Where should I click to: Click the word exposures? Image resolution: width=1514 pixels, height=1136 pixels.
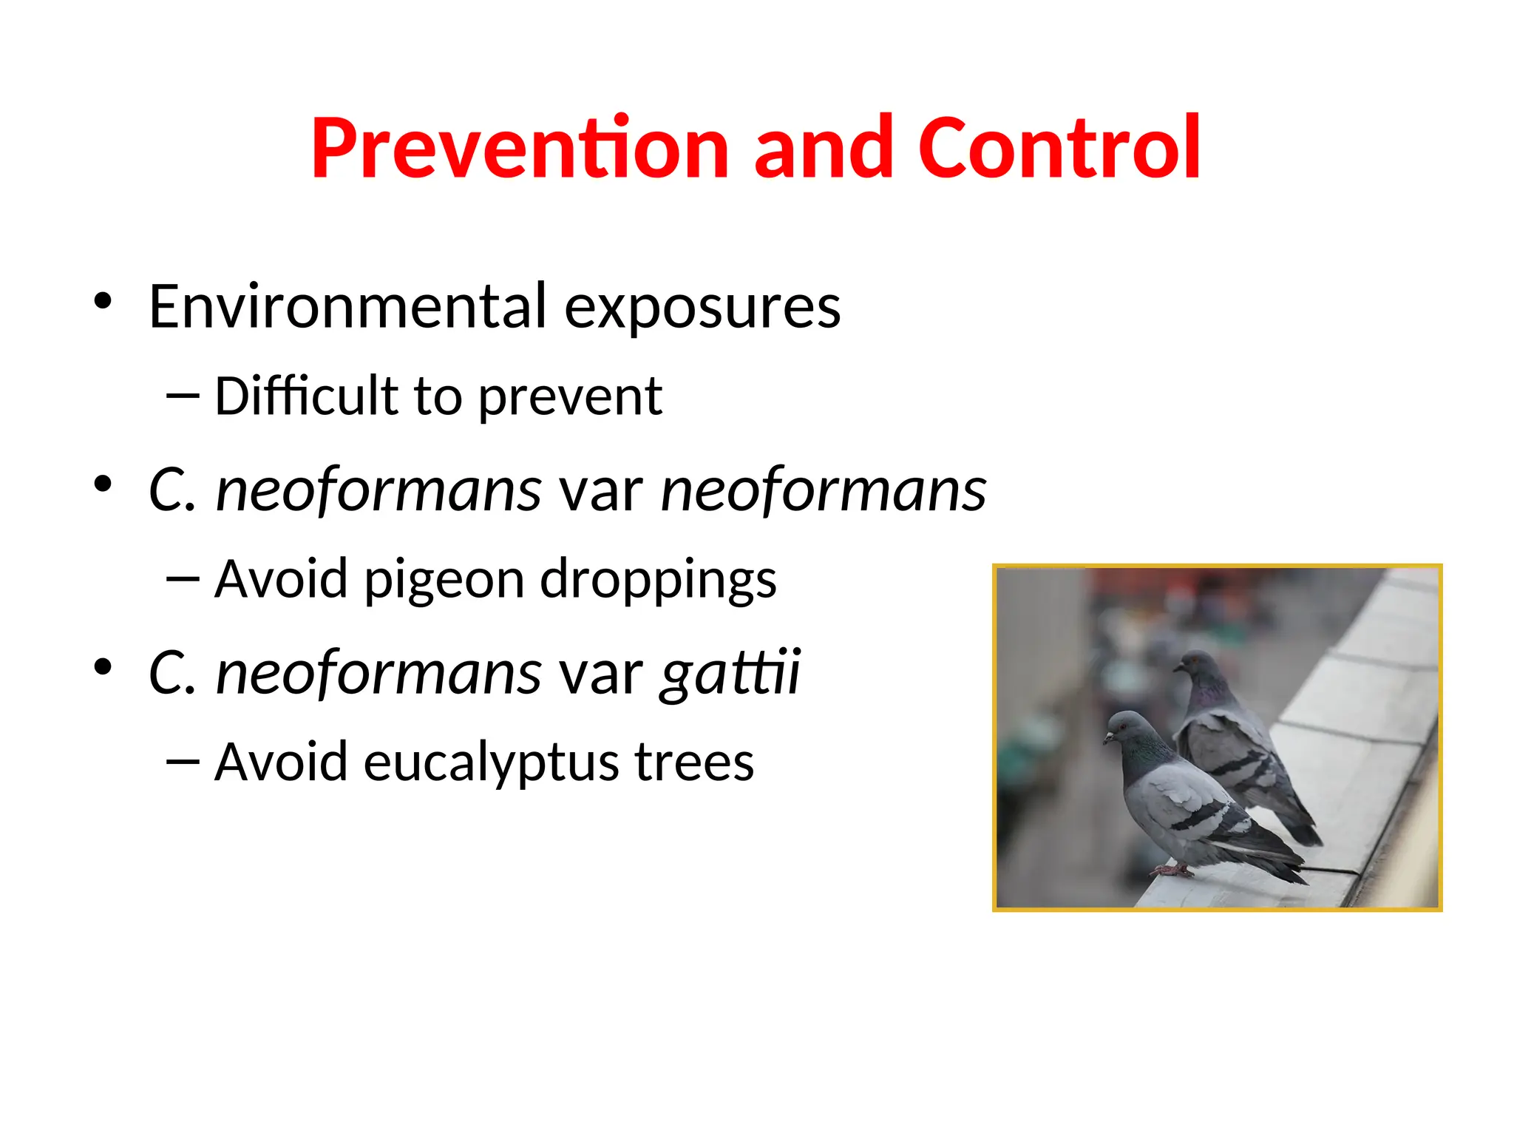(x=702, y=308)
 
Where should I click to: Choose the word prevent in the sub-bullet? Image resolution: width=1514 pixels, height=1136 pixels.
(x=570, y=398)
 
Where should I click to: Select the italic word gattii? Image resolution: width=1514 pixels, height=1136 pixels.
(x=730, y=673)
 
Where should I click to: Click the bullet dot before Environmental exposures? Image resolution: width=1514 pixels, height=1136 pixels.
(x=103, y=301)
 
